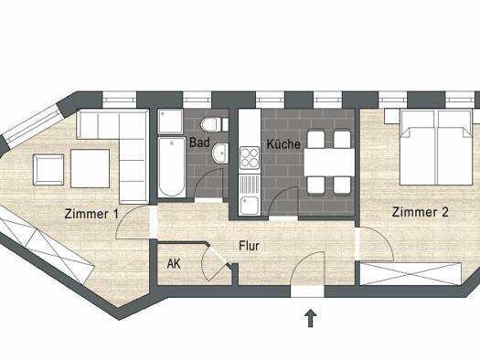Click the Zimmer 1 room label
coord(91,214)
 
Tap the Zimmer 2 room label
coord(420,212)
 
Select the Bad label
coord(199,143)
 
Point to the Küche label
coord(283,144)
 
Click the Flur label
coord(249,246)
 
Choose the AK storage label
coord(174,264)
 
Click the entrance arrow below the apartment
coord(311,318)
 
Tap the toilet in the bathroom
coord(214,124)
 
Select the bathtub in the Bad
coord(172,167)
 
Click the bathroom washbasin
coord(219,154)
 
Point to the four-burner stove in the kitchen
coord(250,158)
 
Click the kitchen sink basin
coord(249,206)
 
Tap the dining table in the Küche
coord(329,162)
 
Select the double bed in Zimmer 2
coord(436,148)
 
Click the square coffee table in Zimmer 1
coord(90,168)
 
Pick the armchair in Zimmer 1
coord(48,170)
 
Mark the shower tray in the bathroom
coord(170,122)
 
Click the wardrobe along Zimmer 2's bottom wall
coord(411,274)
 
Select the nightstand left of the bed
coord(392,117)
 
